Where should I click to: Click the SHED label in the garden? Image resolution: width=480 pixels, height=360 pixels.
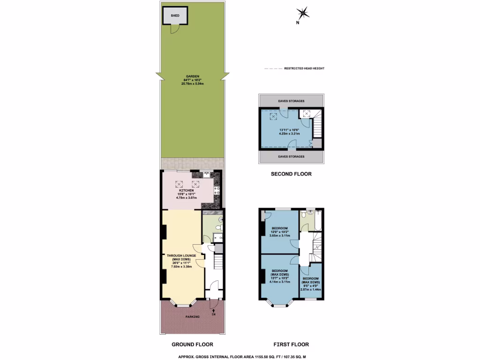175,15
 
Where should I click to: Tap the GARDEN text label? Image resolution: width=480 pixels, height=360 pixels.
193,76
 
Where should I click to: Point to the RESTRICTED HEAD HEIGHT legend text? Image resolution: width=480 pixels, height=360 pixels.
304,68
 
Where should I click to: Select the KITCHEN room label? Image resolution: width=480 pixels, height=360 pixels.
193,190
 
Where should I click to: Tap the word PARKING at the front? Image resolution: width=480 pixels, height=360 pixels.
192,317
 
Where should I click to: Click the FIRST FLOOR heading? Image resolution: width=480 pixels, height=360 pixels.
291,344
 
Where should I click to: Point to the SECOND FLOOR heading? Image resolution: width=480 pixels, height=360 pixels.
291,174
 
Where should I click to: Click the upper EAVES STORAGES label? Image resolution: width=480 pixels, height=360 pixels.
291,101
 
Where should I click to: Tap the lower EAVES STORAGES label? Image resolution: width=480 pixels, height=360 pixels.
291,157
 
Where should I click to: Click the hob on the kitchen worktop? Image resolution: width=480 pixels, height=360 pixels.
217,191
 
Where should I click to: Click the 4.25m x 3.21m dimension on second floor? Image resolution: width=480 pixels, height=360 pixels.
288,134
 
